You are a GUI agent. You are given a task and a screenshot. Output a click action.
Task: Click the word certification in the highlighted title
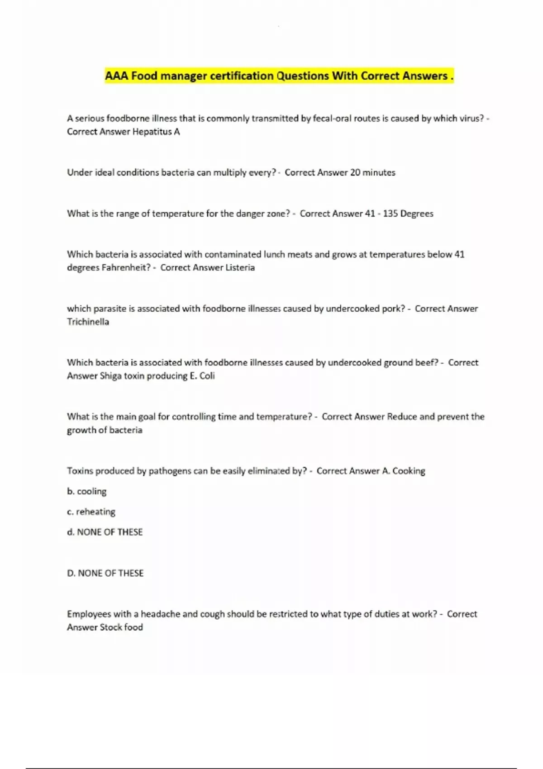[242, 76]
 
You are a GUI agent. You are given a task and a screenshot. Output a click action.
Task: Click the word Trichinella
[88, 322]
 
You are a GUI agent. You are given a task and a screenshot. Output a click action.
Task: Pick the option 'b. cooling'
[86, 491]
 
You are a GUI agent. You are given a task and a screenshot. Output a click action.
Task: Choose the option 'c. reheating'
[91, 512]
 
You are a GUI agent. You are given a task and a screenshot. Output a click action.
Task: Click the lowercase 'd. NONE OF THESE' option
[105, 532]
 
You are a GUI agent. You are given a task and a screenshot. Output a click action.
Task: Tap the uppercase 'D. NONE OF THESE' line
[105, 573]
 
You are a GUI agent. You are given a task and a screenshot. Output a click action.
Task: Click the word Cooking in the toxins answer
[409, 471]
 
